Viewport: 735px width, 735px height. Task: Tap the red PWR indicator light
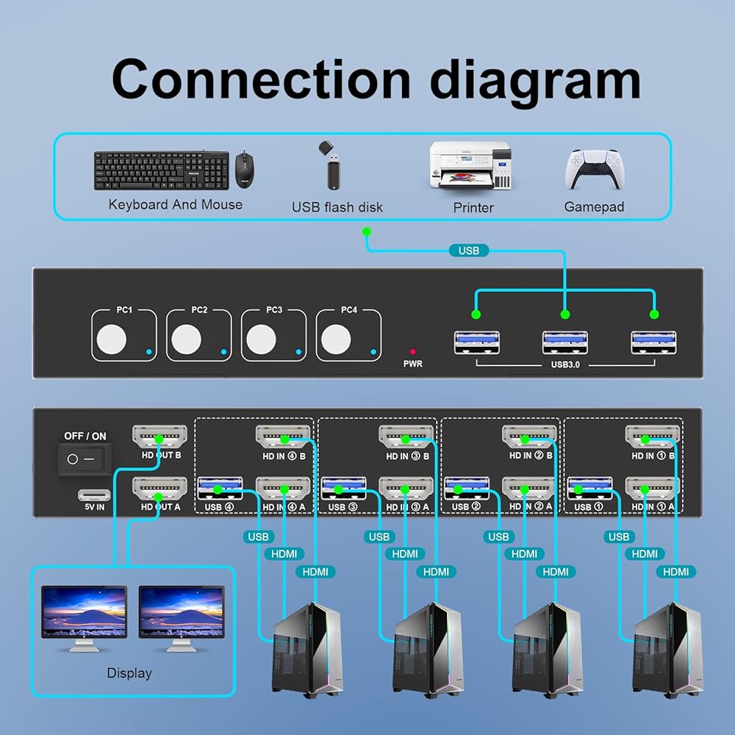(413, 352)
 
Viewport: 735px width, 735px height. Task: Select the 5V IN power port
(94, 495)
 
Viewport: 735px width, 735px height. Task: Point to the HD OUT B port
(159, 439)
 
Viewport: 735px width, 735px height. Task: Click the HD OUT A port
(159, 488)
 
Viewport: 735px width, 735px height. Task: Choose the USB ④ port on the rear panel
(220, 487)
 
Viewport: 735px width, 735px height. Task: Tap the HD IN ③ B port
(406, 439)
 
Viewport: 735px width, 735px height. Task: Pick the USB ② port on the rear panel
(467, 487)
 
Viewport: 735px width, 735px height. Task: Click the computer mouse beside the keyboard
(243, 170)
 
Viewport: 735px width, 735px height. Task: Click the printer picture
(470, 166)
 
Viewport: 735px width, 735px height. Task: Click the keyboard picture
(161, 171)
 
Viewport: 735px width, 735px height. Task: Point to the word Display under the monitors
(129, 673)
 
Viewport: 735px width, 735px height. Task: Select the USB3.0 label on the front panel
(565, 363)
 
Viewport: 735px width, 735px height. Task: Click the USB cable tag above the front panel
(468, 251)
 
